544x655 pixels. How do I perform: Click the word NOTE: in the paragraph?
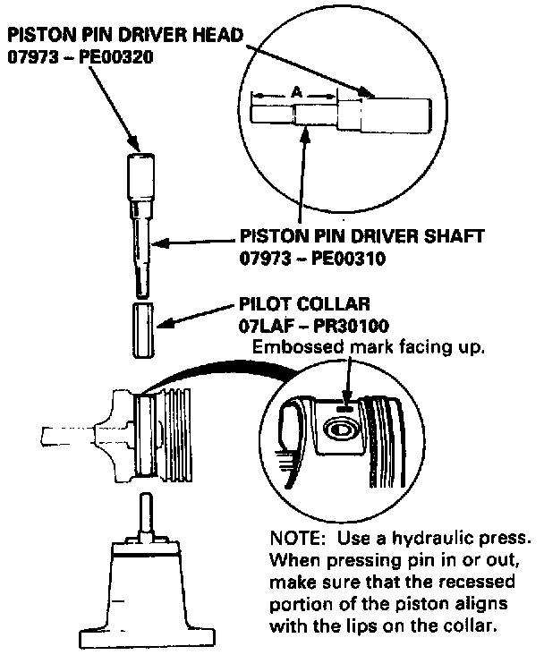tap(294, 542)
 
